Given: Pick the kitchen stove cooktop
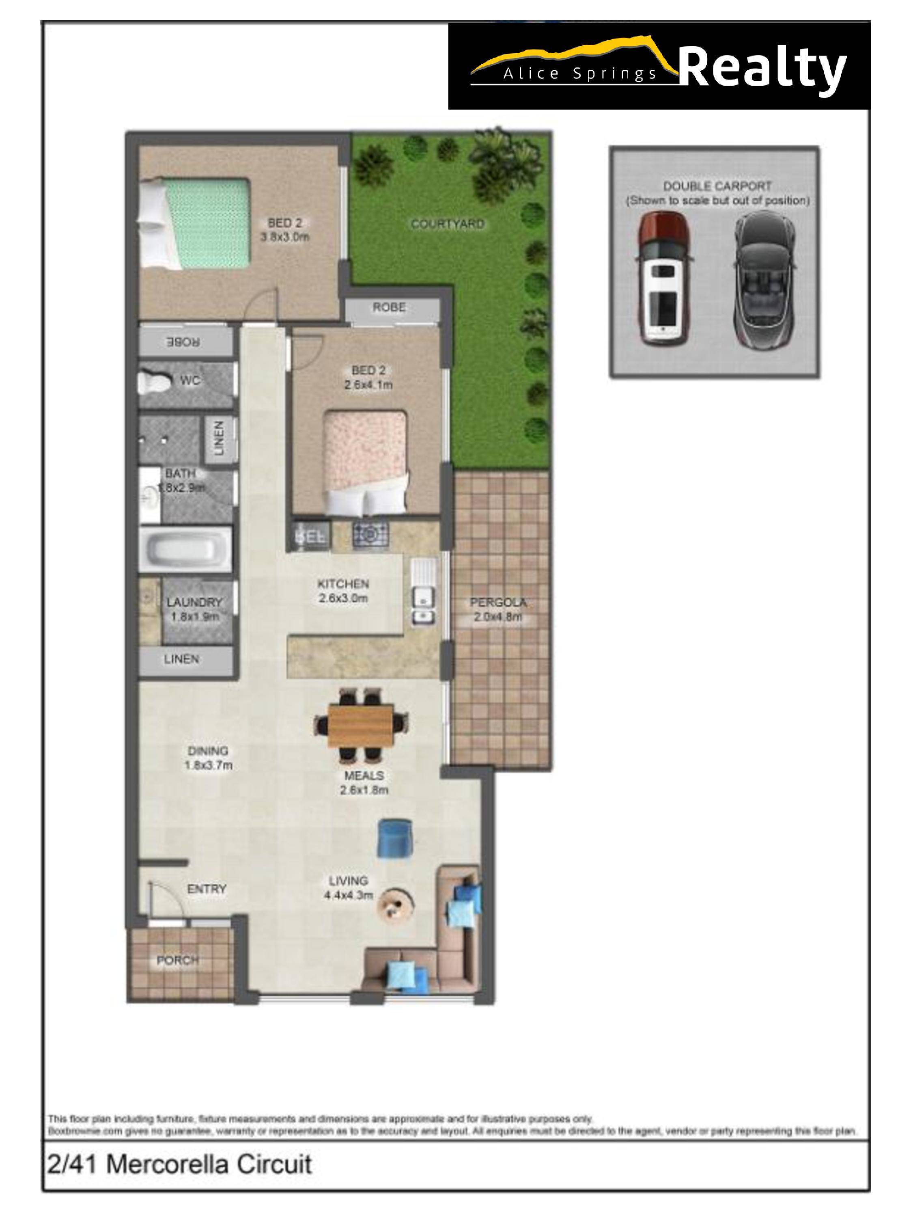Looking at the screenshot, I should click(x=370, y=533).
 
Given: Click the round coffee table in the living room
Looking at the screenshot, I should click(x=395, y=904).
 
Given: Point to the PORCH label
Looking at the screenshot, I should click(x=177, y=960).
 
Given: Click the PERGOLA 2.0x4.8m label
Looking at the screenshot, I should click(x=497, y=609).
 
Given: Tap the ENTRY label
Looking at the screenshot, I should click(x=207, y=889).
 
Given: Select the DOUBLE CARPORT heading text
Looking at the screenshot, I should click(x=717, y=186).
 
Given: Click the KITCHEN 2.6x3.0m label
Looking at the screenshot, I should click(x=343, y=590).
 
